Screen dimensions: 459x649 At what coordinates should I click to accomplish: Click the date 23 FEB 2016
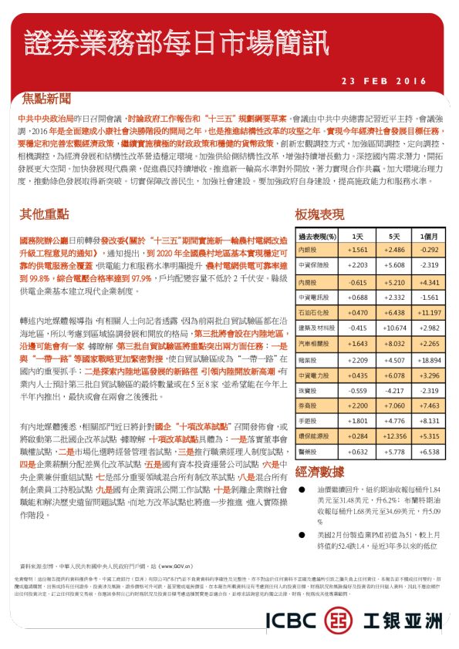coord(383,80)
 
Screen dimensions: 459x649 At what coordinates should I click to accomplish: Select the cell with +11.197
coord(429,313)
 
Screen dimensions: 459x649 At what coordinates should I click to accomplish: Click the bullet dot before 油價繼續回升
coord(302,490)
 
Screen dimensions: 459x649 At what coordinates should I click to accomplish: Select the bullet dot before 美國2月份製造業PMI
coord(302,534)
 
